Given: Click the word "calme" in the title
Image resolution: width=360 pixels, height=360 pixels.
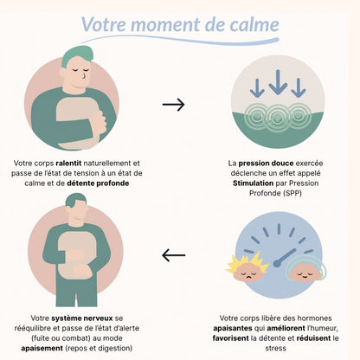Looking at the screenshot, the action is pyautogui.click(x=254, y=24).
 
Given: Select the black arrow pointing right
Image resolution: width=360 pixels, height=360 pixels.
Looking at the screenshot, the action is pyautogui.click(x=173, y=105).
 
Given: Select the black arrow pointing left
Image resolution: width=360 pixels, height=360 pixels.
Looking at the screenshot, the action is pyautogui.click(x=173, y=255).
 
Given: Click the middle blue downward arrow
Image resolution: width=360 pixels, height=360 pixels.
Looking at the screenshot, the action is pyautogui.click(x=278, y=82).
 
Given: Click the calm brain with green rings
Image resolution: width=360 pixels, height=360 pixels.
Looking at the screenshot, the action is pyautogui.click(x=305, y=269).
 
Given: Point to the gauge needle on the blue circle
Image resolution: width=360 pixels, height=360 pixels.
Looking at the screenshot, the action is pyautogui.click(x=286, y=256).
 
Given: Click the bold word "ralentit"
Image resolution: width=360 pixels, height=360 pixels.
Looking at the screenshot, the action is pyautogui.click(x=68, y=164).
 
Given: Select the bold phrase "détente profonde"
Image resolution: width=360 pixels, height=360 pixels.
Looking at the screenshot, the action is pyautogui.click(x=98, y=183).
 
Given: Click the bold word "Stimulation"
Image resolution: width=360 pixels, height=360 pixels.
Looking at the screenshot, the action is pyautogui.click(x=253, y=183).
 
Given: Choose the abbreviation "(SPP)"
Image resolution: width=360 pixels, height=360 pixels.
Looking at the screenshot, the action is pyautogui.click(x=292, y=193).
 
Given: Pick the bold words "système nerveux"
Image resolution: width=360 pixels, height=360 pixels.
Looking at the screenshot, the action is pyautogui.click(x=82, y=318).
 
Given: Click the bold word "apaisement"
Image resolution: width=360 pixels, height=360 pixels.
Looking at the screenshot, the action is pyautogui.click(x=42, y=348).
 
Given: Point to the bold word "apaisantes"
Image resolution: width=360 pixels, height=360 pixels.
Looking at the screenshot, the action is pyautogui.click(x=233, y=329).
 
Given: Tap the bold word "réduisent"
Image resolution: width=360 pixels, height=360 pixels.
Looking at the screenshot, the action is pyautogui.click(x=313, y=338).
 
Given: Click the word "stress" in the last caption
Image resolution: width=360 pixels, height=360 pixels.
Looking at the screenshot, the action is pyautogui.click(x=275, y=348).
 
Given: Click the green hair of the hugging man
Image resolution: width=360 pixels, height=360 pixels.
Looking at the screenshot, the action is pyautogui.click(x=76, y=55).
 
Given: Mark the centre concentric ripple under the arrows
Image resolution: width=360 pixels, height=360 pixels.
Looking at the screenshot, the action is pyautogui.click(x=278, y=118).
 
